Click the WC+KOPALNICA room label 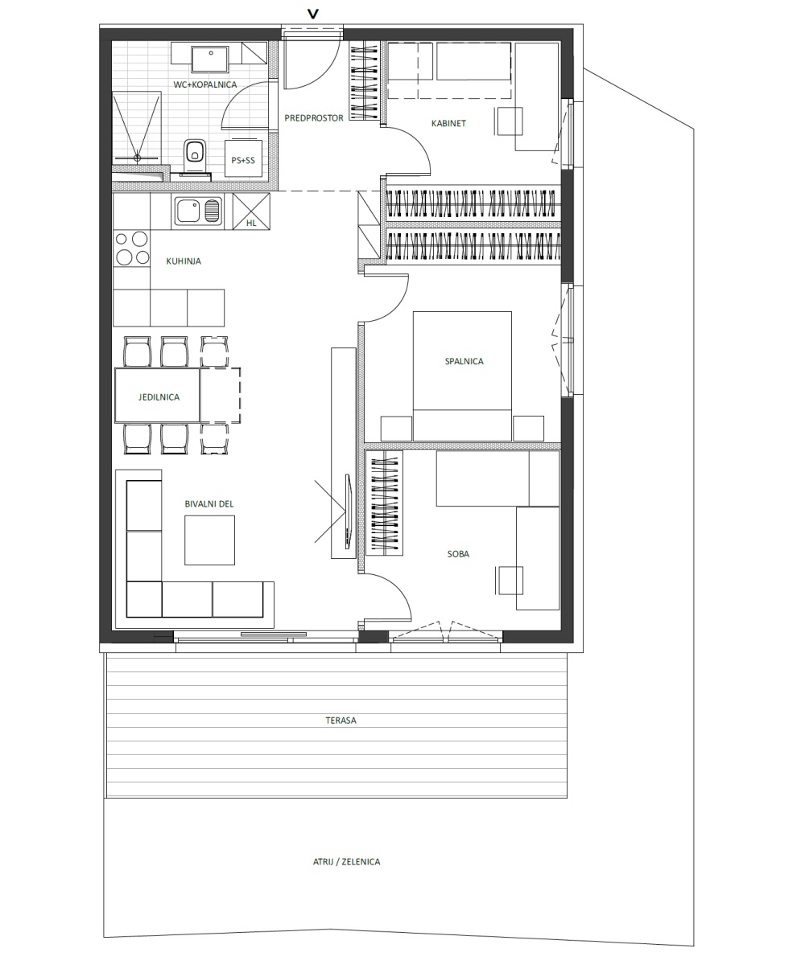point(205,84)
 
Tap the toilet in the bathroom point(194,157)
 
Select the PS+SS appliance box point(243,158)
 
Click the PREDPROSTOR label point(314,118)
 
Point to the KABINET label point(448,123)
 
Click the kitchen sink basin point(188,211)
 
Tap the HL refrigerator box point(251,211)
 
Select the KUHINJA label point(184,261)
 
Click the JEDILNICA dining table point(157,395)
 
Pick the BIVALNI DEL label point(209,503)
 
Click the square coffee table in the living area point(209,540)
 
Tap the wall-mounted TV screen point(349,511)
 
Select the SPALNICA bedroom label point(464,361)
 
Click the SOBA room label point(458,554)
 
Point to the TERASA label point(341,720)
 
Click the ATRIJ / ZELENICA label point(346,861)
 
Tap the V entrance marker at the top point(313,14)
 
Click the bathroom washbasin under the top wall point(210,60)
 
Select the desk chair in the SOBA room point(510,581)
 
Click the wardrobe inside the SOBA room point(385,503)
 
